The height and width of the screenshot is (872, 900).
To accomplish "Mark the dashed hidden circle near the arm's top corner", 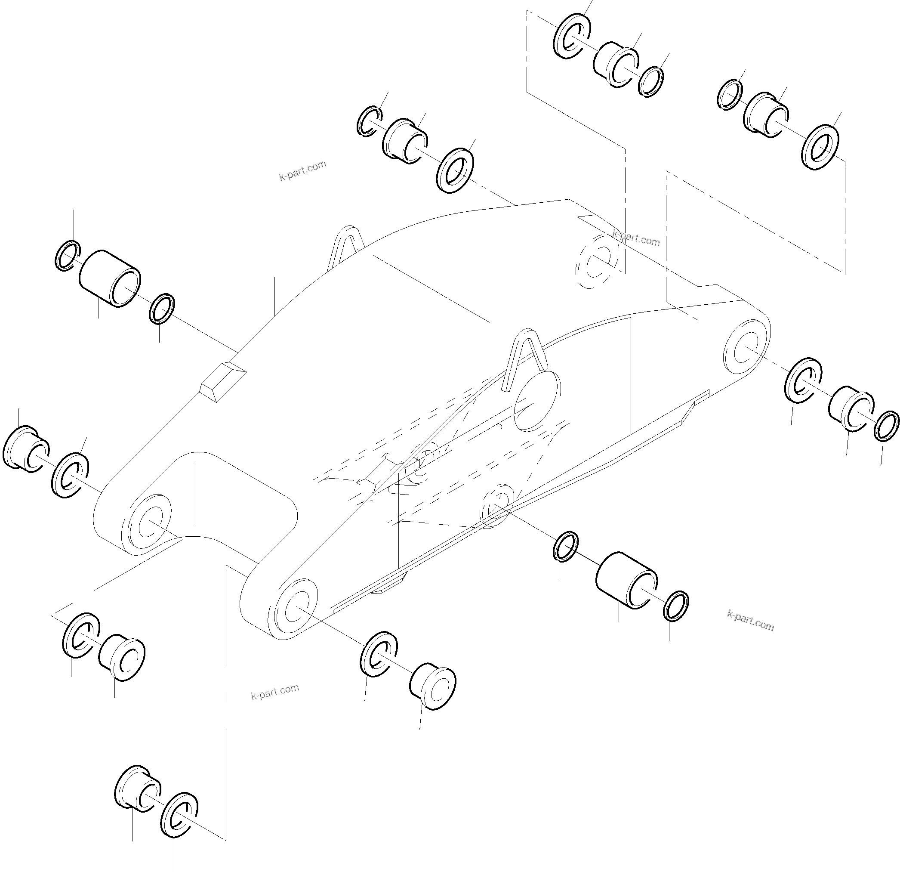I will [x=597, y=260].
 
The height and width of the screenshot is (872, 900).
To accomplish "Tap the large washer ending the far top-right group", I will [x=820, y=147].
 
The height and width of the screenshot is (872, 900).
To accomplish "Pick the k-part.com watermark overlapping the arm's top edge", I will [x=635, y=238].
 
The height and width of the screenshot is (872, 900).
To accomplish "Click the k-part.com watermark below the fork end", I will [x=274, y=691].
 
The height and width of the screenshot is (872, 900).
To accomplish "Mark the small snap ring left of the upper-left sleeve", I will [x=68, y=255].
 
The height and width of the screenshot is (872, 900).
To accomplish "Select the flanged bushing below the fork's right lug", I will [x=432, y=687].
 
